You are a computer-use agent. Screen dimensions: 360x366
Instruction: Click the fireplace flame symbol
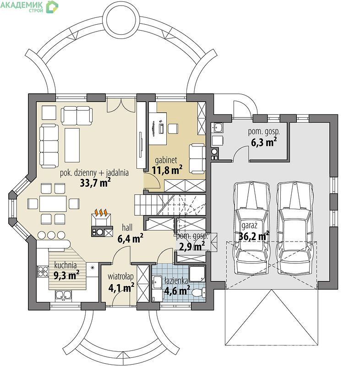[101, 213]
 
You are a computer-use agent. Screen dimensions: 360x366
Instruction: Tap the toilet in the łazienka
[199, 292]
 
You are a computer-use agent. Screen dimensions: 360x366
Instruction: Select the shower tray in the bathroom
[196, 273]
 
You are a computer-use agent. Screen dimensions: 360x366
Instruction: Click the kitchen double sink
[63, 295]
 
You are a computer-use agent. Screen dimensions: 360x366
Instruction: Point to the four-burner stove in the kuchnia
[43, 271]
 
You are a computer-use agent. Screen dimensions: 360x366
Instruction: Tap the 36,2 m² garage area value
[254, 236]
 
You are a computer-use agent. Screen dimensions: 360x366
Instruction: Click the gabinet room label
[166, 161]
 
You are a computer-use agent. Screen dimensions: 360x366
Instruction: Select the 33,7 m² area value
[95, 183]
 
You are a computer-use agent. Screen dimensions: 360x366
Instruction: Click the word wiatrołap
[120, 277]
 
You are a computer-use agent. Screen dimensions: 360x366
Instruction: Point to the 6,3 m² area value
[264, 142]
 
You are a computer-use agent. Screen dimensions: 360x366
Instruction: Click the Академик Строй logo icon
[52, 7]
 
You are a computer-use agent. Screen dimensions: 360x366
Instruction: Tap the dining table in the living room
[53, 204]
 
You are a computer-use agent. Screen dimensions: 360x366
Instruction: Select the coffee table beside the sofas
[72, 145]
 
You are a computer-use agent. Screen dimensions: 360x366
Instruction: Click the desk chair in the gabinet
[173, 129]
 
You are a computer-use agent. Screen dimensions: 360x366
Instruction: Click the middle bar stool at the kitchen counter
[51, 235]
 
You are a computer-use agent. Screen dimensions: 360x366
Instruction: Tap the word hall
[127, 227]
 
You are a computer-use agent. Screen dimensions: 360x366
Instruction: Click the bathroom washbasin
[157, 282]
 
